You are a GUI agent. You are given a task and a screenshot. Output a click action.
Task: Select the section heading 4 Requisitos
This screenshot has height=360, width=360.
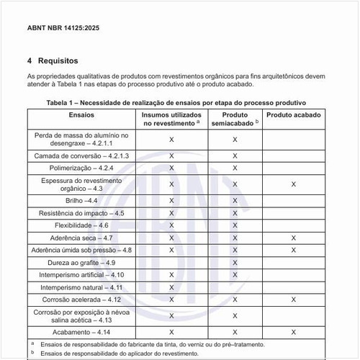53,61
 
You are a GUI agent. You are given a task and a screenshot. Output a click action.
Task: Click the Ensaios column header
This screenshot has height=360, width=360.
81,114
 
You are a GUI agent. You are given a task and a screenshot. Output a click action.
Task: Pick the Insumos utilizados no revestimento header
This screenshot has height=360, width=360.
171,119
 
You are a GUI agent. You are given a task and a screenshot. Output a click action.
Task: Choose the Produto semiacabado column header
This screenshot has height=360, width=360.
235,119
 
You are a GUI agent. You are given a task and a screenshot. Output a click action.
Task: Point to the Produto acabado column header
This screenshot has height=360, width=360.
293,114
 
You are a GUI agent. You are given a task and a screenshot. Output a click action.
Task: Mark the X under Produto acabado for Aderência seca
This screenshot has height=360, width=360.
293,238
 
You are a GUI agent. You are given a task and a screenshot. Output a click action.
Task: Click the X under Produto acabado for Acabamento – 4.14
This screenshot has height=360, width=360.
293,332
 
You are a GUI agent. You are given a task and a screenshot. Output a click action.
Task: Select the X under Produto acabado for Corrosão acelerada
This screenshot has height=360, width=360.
293,299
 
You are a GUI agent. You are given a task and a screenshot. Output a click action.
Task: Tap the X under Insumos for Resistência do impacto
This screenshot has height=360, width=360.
171,212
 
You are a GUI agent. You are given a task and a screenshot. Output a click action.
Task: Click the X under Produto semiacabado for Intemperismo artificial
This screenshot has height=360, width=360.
235,274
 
